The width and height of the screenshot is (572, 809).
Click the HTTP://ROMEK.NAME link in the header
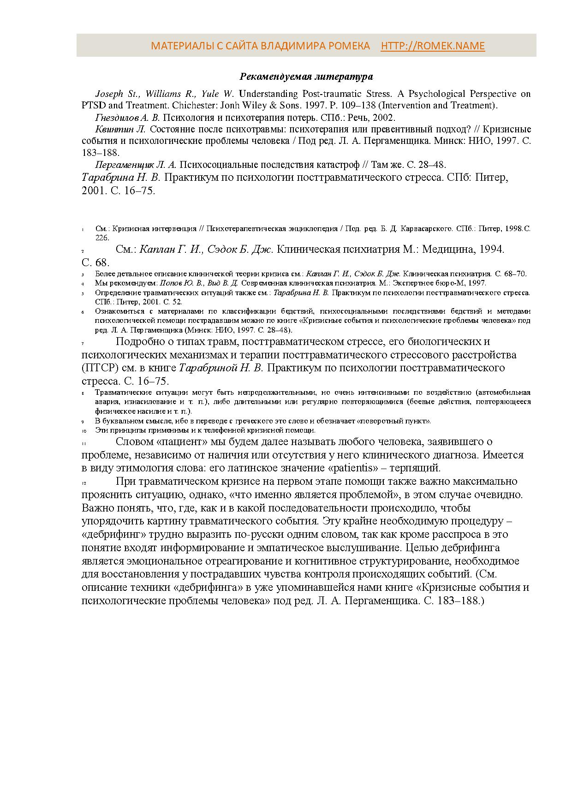[433, 46]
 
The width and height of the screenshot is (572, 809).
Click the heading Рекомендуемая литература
[306, 77]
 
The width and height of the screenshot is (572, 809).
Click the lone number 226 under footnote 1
[102, 238]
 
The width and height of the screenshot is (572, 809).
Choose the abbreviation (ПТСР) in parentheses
[98, 368]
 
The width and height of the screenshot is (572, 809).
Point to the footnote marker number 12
[83, 483]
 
